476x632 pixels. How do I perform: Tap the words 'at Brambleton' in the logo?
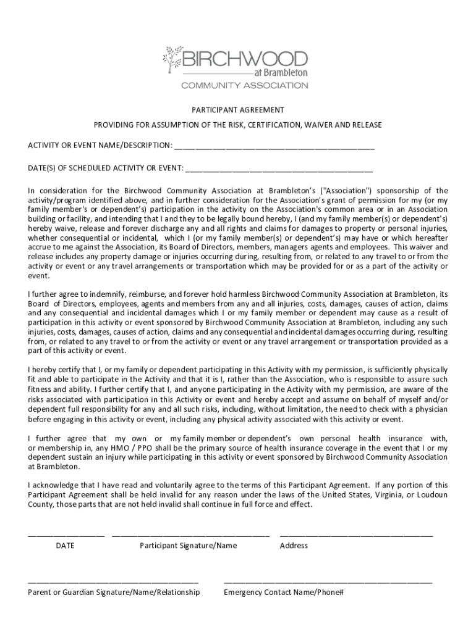(x=285, y=73)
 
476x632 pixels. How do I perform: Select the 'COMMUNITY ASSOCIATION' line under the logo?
(x=244, y=85)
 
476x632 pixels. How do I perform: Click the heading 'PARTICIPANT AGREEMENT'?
(x=237, y=110)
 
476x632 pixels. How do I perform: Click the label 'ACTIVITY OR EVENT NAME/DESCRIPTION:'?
(x=100, y=146)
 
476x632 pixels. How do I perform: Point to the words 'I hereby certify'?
(x=54, y=370)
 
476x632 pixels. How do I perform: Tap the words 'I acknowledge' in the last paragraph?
(x=53, y=485)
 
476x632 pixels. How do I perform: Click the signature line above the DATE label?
(x=66, y=534)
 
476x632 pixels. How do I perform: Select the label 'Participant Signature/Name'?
(x=188, y=546)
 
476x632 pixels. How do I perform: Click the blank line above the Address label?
(x=356, y=534)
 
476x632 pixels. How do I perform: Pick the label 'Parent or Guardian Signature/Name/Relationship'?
(x=114, y=592)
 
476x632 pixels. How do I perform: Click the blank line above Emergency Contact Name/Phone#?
(x=328, y=582)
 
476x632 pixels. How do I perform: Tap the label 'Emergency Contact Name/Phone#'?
(x=283, y=592)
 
